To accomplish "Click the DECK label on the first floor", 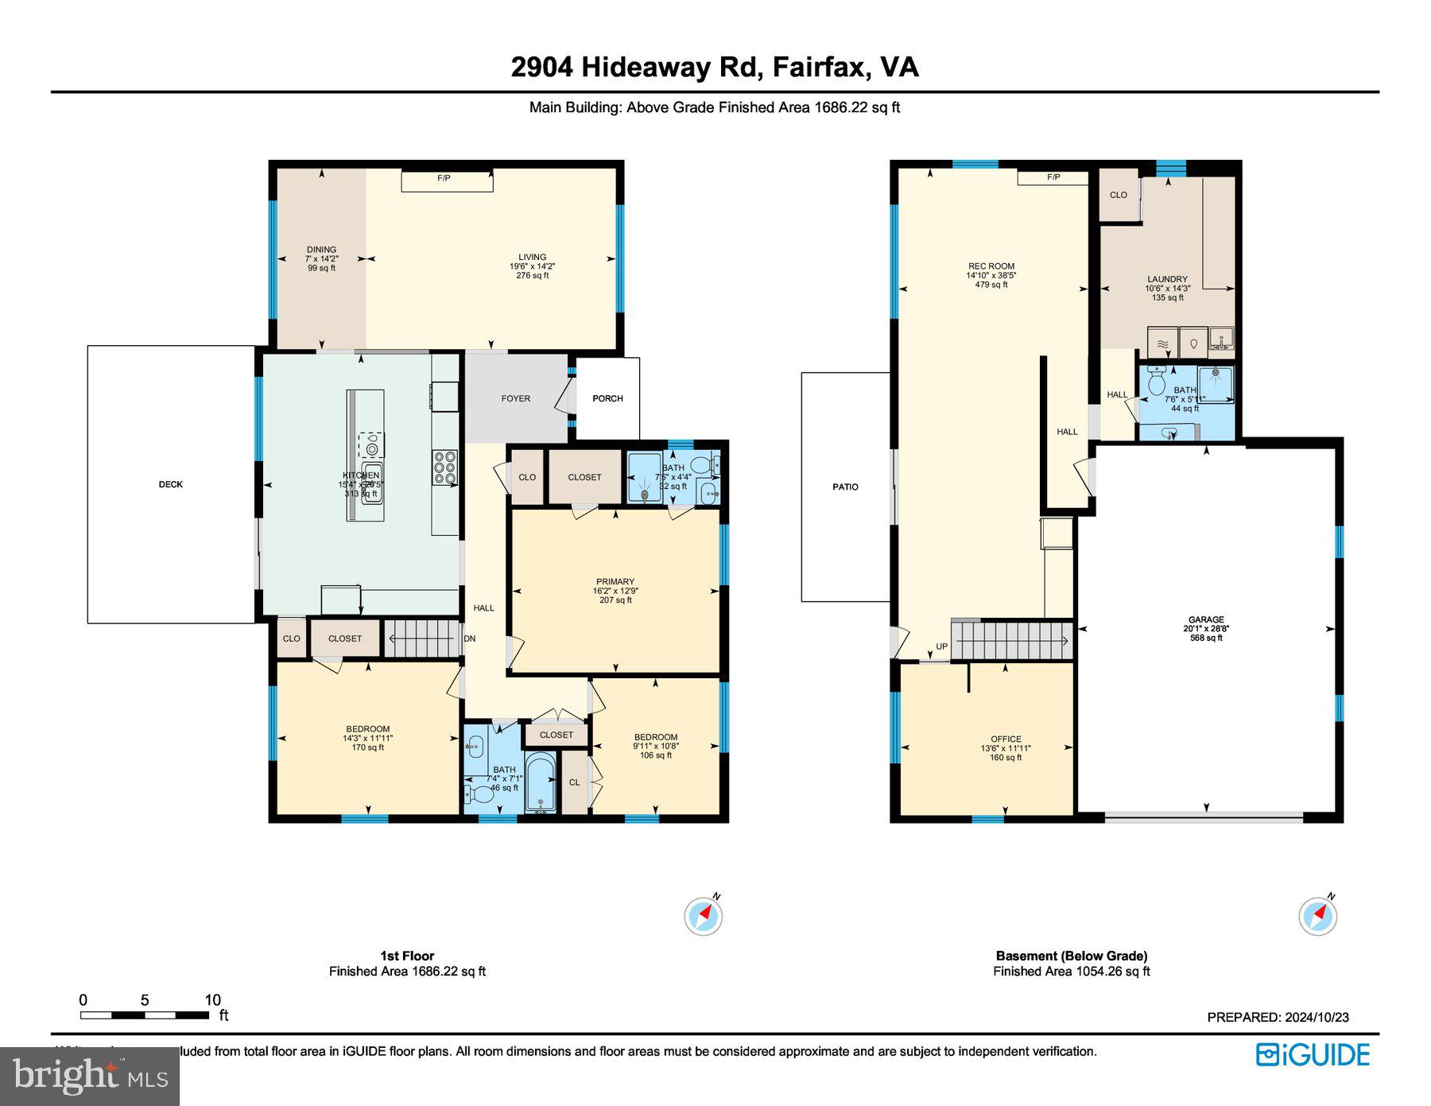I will (x=170, y=484).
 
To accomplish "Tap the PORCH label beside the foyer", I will (x=607, y=398).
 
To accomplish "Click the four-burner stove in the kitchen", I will (x=445, y=468).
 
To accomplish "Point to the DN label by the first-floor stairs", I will (x=470, y=638).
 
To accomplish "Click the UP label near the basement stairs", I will (x=941, y=646).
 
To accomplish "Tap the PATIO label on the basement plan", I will (x=845, y=487).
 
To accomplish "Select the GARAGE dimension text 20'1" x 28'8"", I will (x=1206, y=628).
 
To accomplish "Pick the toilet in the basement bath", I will (x=1157, y=383).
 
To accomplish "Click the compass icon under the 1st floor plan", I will (x=704, y=916).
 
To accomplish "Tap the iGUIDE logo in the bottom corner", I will (x=1313, y=1055).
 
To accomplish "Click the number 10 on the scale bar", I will (x=212, y=1000).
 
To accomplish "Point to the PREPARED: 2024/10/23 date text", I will (x=1278, y=1017).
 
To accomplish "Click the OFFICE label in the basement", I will (x=1006, y=739).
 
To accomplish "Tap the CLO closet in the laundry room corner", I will (x=1119, y=195).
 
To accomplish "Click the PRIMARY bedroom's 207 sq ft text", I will (x=615, y=600).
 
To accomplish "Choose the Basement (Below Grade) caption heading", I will (x=1071, y=956).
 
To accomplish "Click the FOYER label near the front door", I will (x=515, y=398).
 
